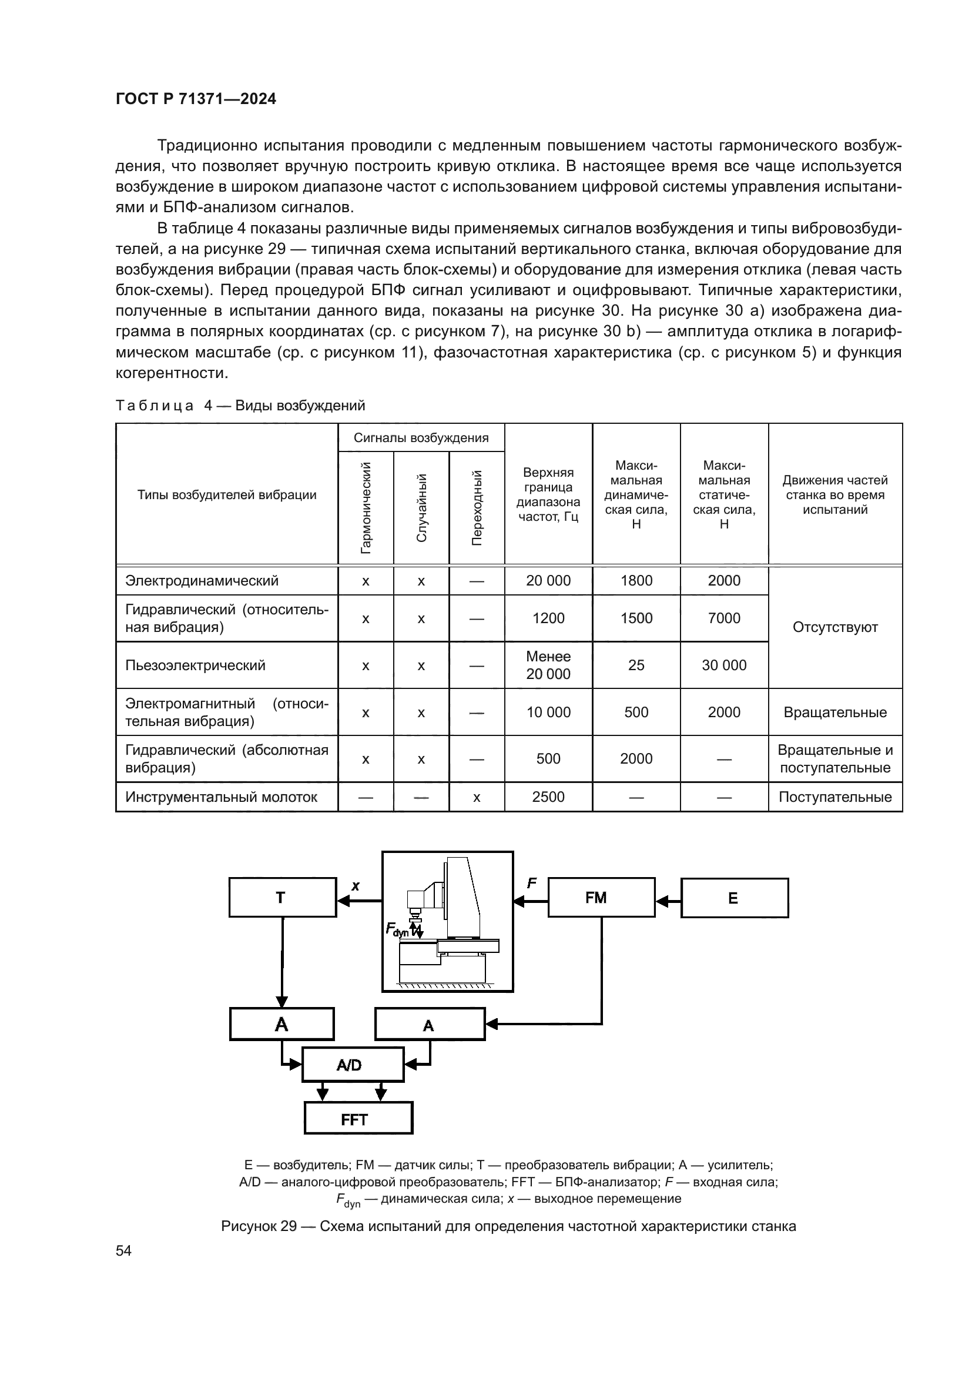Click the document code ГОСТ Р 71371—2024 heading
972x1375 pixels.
(x=196, y=99)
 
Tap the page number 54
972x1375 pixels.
(x=123, y=1250)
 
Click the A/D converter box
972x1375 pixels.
(x=353, y=1064)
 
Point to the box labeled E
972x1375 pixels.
(x=735, y=898)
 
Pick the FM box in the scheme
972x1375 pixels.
(x=601, y=897)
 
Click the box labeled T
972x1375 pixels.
(x=283, y=897)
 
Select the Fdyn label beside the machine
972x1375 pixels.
(x=397, y=929)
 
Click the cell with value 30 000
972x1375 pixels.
(x=723, y=665)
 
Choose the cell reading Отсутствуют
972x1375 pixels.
(x=835, y=627)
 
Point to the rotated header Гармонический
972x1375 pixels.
(x=366, y=508)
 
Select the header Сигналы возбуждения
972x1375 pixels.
(x=421, y=438)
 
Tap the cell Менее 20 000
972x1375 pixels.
(x=548, y=665)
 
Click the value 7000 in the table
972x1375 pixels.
(x=723, y=618)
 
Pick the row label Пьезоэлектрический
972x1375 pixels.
(x=195, y=665)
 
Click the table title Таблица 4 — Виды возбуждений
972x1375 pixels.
(x=240, y=406)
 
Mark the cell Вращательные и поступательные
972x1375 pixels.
(x=835, y=759)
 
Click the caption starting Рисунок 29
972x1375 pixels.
(x=508, y=1226)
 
